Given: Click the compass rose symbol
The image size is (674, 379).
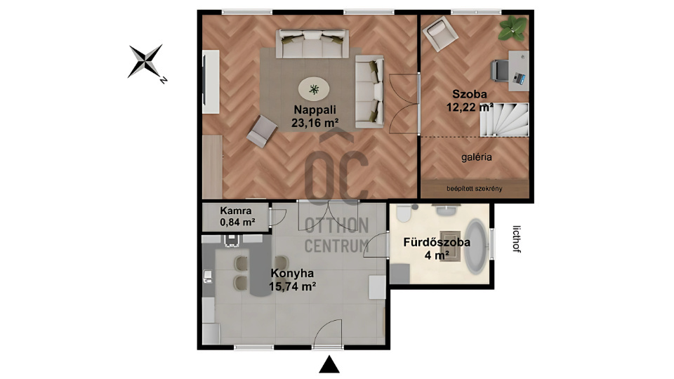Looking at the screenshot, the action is [146, 61].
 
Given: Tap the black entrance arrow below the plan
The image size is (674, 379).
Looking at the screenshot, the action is [329, 364].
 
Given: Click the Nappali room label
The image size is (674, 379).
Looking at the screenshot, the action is [315, 110].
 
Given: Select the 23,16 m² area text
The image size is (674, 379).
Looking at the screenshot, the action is [315, 124].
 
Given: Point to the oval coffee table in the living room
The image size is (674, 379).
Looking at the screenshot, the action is [314, 90].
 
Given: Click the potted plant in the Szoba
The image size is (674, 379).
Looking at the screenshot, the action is [513, 28].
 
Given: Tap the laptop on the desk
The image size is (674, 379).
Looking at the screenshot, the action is [519, 78].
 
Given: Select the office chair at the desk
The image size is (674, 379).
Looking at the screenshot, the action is [500, 70].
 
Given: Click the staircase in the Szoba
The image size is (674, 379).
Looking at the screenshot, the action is [504, 120].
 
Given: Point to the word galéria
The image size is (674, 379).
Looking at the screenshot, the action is [476, 157].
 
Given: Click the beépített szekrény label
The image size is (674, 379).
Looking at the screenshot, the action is [475, 189].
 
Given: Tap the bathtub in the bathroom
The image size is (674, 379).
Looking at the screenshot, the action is [476, 246].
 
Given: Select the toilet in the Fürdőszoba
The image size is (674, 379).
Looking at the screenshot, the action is [404, 213].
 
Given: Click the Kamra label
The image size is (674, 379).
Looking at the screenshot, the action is [236, 211].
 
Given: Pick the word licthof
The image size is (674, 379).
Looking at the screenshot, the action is [517, 239].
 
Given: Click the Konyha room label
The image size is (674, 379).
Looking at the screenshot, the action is [292, 273].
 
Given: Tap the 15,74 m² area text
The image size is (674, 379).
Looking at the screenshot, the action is [293, 286].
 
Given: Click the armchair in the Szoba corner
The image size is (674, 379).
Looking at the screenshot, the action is [440, 33].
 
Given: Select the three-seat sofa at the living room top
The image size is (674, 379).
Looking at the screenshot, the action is [312, 44].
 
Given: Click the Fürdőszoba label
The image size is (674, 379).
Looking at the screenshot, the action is [437, 242].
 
